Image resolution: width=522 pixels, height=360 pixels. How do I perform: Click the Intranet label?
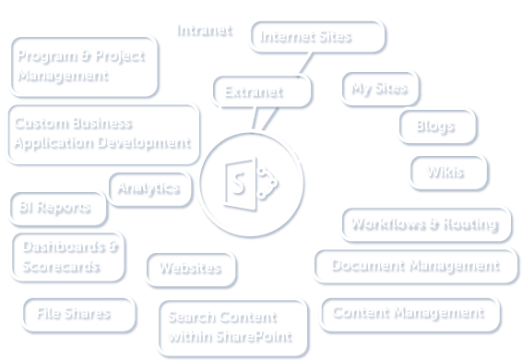pyautogui.click(x=204, y=30)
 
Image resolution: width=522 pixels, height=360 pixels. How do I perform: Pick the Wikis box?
pyautogui.click(x=447, y=172)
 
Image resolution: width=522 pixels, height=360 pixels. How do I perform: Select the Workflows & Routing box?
pyautogui.click(x=424, y=223)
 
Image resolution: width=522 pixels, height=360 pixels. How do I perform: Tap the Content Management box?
pyautogui.click(x=409, y=313)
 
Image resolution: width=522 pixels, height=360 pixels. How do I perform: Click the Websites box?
pyautogui.click(x=190, y=268)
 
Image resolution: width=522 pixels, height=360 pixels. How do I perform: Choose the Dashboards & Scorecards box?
pyautogui.click(x=68, y=258)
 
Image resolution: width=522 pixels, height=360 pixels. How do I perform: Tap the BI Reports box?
pyautogui.click(x=55, y=208)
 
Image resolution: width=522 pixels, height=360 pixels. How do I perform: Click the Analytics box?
pyautogui.click(x=148, y=187)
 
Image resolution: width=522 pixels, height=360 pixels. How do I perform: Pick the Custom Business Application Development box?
pyautogui.click(x=102, y=133)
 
